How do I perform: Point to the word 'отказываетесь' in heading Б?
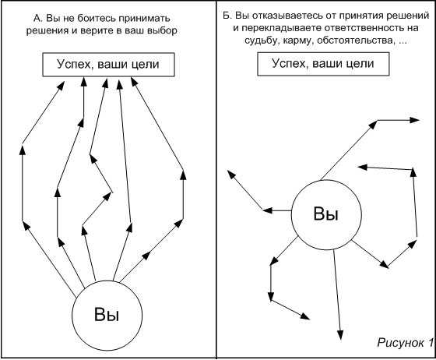(287, 16)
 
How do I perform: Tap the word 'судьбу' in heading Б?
(262, 41)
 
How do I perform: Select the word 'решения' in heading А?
(47, 30)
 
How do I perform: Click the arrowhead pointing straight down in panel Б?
(340, 335)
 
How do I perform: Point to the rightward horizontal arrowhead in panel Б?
(414, 120)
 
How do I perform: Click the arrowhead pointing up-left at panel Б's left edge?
(231, 175)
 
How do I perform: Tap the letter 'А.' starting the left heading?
(37, 19)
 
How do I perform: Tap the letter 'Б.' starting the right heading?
(227, 16)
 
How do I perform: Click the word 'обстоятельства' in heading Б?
(356, 41)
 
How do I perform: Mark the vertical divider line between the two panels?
(216, 179)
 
